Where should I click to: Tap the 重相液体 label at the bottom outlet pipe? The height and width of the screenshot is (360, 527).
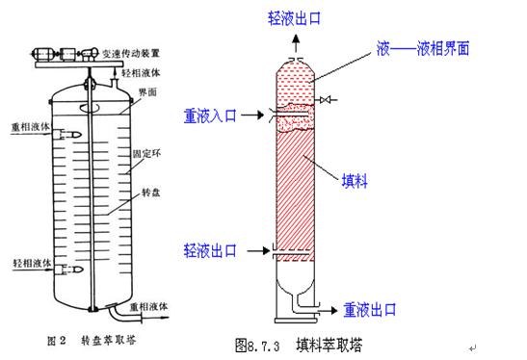tap(153, 306)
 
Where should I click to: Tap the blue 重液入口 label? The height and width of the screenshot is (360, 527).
tap(211, 116)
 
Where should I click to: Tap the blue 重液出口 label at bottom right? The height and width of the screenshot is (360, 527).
tap(370, 310)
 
